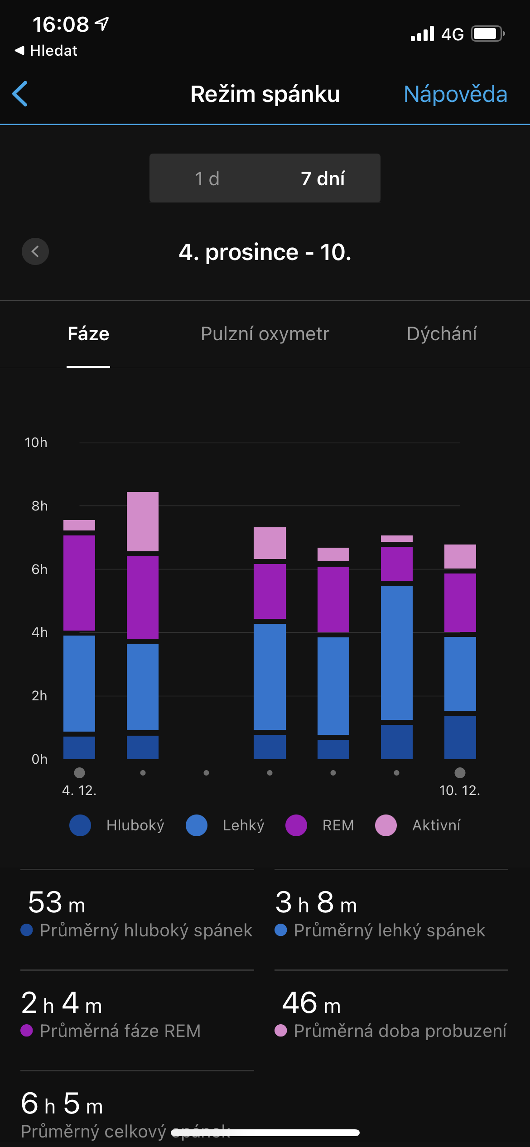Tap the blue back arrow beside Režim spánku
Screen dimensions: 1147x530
[20, 94]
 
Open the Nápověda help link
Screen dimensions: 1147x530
[455, 94]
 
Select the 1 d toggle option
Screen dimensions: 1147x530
[207, 178]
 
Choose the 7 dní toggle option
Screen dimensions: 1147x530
[323, 178]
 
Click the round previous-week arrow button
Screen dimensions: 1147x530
[35, 251]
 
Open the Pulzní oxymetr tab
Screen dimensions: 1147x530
[265, 334]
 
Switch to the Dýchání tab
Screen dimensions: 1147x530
[442, 334]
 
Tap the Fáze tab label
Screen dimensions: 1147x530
[88, 334]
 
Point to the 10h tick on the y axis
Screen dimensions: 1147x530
[36, 443]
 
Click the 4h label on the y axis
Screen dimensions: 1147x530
[39, 632]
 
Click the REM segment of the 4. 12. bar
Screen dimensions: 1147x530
[79, 583]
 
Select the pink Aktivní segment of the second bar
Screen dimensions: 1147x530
[143, 521]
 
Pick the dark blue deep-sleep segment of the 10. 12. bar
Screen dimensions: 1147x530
[460, 737]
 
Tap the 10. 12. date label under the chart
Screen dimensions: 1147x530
[459, 790]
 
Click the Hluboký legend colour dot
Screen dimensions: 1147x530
[80, 825]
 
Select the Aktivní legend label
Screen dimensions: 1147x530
[436, 825]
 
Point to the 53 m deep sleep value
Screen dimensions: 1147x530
[57, 902]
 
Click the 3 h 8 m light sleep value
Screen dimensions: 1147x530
[316, 902]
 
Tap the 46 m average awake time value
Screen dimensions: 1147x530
[311, 1003]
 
